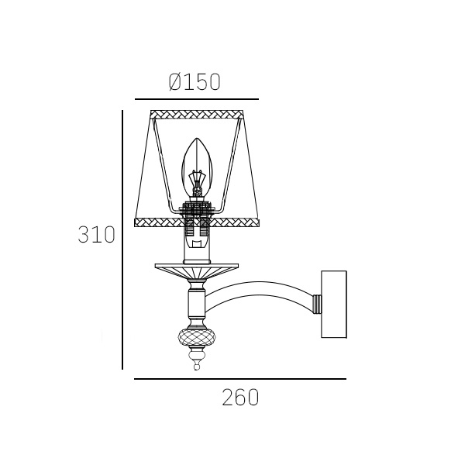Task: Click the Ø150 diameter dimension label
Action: tap(195, 81)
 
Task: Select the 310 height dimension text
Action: tap(96, 235)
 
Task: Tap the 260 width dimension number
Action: tap(240, 398)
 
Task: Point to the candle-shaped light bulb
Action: tap(197, 168)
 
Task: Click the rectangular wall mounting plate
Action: tap(334, 304)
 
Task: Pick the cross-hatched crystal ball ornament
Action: tap(197, 337)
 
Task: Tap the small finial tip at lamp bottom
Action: tap(197, 366)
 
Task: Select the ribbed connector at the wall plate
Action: tap(317, 304)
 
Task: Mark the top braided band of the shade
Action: tap(197, 114)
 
